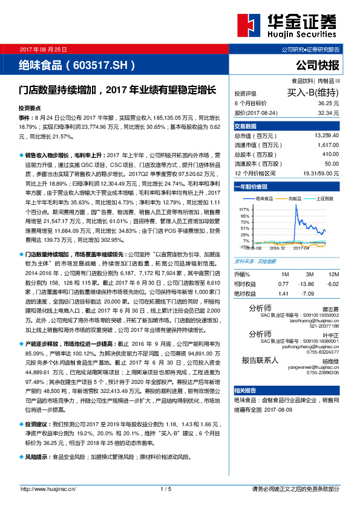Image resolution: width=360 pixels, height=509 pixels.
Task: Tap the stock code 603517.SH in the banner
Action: pos(99,64)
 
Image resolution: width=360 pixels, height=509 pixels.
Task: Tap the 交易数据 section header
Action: pos(246,126)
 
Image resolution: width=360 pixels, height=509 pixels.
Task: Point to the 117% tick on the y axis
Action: pos(244,209)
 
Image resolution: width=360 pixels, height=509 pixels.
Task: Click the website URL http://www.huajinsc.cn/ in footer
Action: pos(48,489)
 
